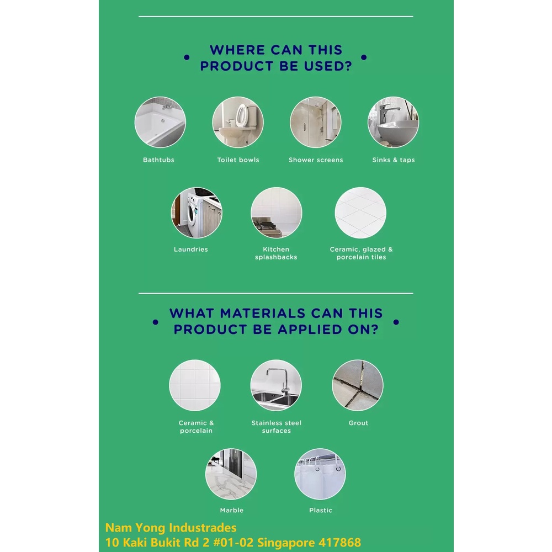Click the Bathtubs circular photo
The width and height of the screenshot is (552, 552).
[x=160, y=122]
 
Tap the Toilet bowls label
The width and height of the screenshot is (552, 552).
[x=238, y=160]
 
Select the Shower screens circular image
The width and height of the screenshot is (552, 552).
[x=315, y=122]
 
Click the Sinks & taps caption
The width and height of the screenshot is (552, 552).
[x=394, y=160]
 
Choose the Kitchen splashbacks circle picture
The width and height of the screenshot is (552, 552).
[x=277, y=213]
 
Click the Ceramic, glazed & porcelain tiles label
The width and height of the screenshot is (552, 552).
[x=361, y=253]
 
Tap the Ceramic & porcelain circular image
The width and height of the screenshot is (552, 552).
[x=195, y=385]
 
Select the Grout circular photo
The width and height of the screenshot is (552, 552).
[x=358, y=385]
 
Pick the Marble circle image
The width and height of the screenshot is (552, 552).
[x=231, y=474]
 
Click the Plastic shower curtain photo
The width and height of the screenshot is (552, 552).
[x=320, y=474]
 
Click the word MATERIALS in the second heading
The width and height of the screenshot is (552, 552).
[x=263, y=314]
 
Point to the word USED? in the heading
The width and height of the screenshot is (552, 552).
[x=328, y=66]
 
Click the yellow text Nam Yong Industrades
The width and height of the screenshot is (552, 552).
[x=171, y=528]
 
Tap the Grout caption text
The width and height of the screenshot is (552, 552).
[x=358, y=423]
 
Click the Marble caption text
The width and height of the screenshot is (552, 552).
[x=232, y=510]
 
